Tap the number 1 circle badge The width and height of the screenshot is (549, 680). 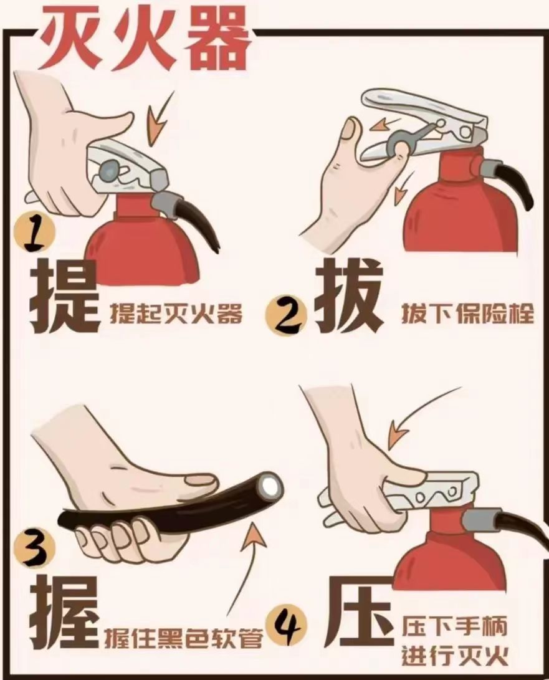coord(36,234)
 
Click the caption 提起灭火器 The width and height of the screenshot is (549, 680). coord(176,313)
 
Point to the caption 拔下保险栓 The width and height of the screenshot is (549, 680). coord(467,313)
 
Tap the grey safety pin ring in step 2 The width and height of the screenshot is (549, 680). coord(396,143)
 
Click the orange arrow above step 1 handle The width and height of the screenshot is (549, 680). coord(160,118)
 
